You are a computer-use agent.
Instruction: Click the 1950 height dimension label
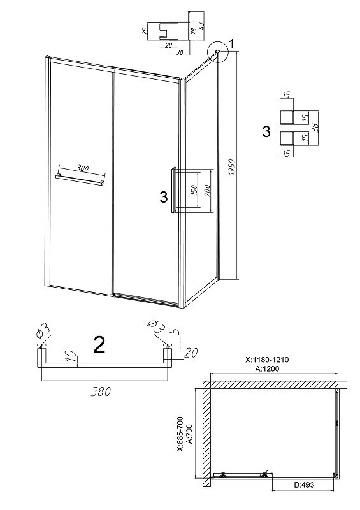pos(231,167)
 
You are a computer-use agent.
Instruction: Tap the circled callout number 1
pos(231,43)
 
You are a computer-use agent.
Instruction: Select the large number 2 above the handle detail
pos(99,345)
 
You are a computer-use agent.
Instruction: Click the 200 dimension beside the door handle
pos(208,191)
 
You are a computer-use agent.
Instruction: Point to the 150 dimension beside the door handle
pos(193,191)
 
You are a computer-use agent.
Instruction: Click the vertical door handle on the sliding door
pos(174,190)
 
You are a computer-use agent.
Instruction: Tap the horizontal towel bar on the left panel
pos(80,180)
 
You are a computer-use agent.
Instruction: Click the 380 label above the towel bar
pos(83,169)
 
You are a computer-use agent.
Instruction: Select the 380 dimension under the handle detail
pos(101,391)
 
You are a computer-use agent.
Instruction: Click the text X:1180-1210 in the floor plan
pos(267,360)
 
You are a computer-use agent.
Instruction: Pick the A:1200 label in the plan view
pos(267,368)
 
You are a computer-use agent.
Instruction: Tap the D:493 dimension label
pos(305,484)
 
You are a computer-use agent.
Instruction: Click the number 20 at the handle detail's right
pos(191,353)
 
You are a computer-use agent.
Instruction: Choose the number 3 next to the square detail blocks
pos(266,132)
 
